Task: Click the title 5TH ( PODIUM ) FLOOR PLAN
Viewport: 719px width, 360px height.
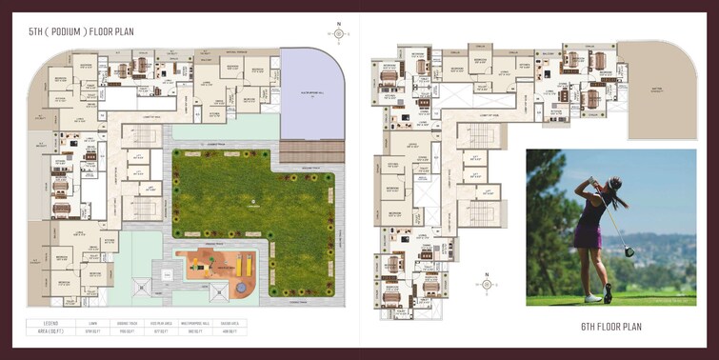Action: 81,32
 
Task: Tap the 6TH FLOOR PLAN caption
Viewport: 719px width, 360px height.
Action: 610,327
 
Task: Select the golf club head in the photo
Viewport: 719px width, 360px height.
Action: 629,251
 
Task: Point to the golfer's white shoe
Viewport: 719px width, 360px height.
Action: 593,298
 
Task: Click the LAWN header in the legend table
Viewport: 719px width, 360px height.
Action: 92,323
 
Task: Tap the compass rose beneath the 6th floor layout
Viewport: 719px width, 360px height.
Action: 486,284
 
